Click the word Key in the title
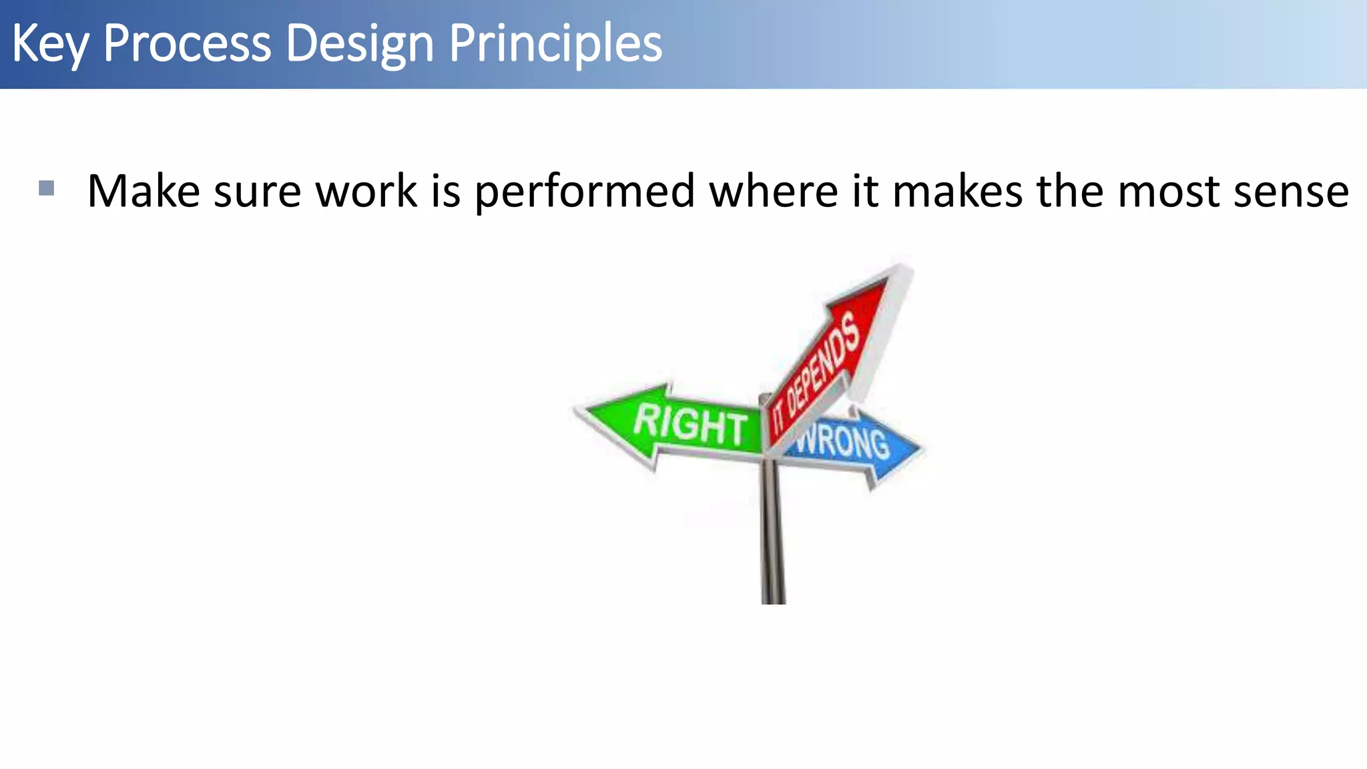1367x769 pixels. (49, 44)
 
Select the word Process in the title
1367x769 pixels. (187, 44)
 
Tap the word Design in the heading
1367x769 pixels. (360, 44)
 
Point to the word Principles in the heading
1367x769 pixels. (555, 44)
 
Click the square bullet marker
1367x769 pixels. (46, 188)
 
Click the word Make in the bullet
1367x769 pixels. (144, 192)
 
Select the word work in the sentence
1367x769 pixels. (366, 192)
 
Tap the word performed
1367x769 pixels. (585, 192)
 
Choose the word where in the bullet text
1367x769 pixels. (774, 192)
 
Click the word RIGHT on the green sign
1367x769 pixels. (690, 425)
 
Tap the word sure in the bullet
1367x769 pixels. (257, 192)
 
